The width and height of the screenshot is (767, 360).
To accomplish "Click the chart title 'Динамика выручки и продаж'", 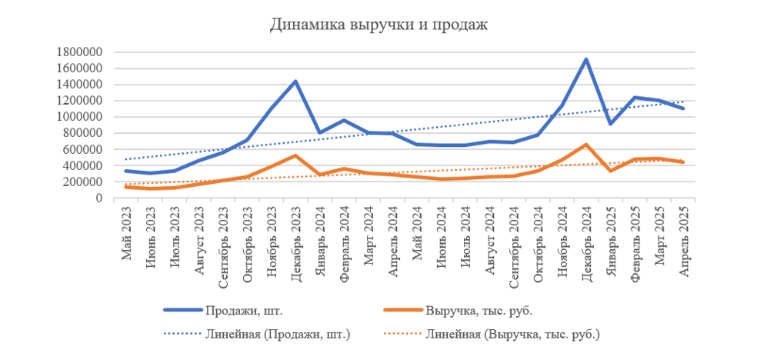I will tap(378, 25).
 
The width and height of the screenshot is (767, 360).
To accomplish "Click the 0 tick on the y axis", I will tap(99, 198).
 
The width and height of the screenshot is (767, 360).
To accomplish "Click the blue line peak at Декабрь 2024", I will tap(586, 59).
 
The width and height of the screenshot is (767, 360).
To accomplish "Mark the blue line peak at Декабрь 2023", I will tap(295, 82).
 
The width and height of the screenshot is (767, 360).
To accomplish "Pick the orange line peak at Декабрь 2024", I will tap(586, 145).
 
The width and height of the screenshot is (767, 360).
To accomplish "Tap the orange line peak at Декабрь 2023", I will tap(295, 155).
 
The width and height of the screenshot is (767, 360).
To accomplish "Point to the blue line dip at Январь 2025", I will tap(610, 124).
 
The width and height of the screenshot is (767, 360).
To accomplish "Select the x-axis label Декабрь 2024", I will tap(586, 237).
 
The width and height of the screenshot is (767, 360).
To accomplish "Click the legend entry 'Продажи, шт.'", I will tap(239, 311).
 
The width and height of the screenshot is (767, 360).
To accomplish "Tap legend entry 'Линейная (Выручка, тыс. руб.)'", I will tap(512, 334).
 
